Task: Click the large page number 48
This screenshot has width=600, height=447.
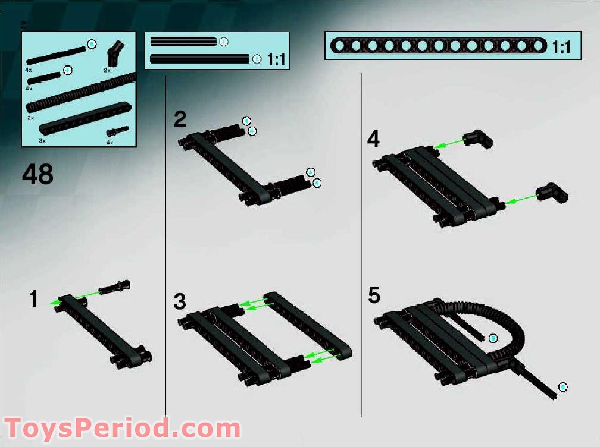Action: click(37, 175)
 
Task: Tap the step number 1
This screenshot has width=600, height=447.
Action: click(35, 299)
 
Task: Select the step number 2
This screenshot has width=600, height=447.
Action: click(180, 119)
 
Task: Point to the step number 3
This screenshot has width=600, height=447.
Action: click(180, 301)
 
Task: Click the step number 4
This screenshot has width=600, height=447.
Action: click(373, 139)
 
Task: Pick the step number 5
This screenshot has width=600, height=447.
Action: click(374, 295)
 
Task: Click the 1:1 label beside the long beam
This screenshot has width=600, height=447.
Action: click(561, 46)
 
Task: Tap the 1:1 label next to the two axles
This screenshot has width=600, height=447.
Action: click(276, 59)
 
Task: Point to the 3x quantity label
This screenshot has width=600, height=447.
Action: click(42, 141)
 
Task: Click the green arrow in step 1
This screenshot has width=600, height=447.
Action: click(74, 297)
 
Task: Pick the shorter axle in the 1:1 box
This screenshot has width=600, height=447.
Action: click(183, 42)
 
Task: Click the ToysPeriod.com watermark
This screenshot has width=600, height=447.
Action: click(122, 428)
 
